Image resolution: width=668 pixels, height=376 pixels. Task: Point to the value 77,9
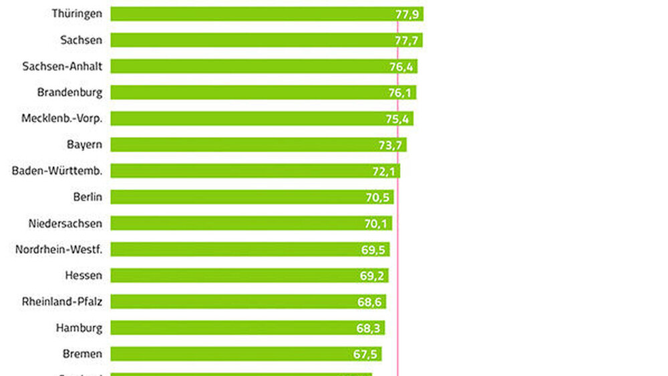(407, 14)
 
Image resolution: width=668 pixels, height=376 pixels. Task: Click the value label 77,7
(406, 40)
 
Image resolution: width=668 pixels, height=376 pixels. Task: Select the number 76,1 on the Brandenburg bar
(400, 93)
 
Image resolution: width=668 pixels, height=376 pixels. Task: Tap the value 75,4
(397, 119)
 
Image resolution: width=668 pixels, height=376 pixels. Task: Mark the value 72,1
(384, 172)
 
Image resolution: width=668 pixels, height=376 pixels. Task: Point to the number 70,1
(376, 224)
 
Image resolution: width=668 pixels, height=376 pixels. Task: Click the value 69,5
(373, 250)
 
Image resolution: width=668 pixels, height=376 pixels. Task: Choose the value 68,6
(369, 302)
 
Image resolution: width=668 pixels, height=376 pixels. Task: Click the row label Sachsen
(81, 40)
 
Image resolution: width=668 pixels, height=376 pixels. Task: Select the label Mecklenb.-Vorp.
(62, 119)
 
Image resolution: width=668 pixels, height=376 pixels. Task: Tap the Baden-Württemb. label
(57, 171)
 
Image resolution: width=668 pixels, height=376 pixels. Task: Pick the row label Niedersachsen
(65, 223)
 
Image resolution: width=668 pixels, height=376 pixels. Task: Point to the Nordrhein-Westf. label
(59, 249)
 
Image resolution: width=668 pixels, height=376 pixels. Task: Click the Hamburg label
(79, 328)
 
